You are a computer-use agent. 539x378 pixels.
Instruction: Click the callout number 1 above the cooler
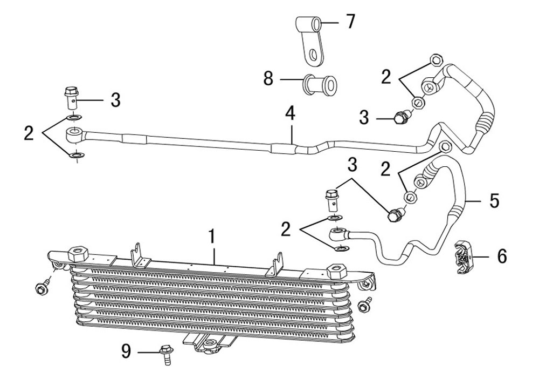click(212, 236)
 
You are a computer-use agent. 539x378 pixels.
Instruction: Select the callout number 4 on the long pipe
click(291, 113)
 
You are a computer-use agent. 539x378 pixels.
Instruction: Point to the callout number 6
click(502, 256)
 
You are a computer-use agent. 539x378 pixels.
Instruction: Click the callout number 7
click(350, 22)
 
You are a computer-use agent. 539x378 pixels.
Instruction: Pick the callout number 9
click(127, 352)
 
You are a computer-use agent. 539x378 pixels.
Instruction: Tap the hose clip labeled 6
click(462, 257)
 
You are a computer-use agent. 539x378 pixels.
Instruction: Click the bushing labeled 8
click(319, 84)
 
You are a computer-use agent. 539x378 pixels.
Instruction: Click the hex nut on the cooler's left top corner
click(78, 254)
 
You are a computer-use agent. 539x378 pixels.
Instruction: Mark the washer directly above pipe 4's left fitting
click(73, 118)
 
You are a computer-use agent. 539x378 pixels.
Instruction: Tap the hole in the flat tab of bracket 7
click(313, 55)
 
